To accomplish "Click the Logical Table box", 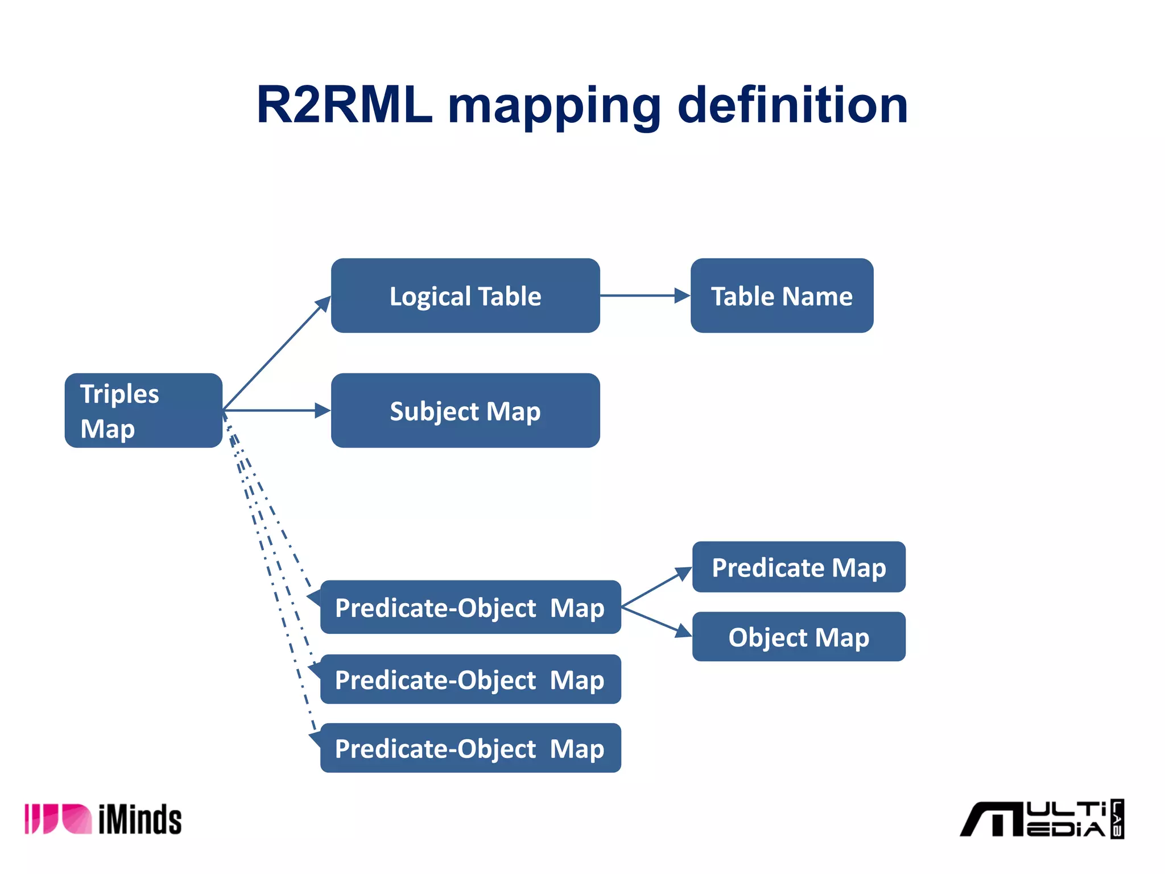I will (x=465, y=296).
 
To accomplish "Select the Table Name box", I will (x=782, y=296).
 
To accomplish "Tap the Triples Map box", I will (x=143, y=410).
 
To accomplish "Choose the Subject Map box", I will (x=465, y=410).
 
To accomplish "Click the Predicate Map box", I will (x=799, y=567).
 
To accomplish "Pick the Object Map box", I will (x=799, y=637).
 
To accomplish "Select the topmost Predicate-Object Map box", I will (x=470, y=607).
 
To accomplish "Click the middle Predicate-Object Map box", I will (x=470, y=679).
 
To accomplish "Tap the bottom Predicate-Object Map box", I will (x=470, y=748).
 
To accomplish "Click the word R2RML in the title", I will (x=344, y=105).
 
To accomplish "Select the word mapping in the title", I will (x=555, y=108).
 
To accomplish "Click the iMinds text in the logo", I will (x=140, y=820).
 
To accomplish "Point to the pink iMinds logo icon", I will (x=57, y=819).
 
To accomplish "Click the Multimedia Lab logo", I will (x=1041, y=819).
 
